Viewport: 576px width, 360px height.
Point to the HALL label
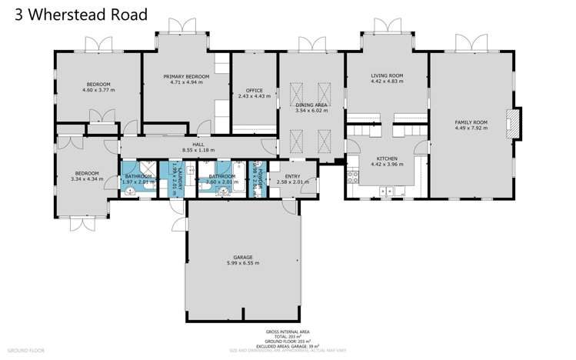pos(198,145)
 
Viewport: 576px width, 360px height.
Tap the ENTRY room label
pos(291,177)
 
